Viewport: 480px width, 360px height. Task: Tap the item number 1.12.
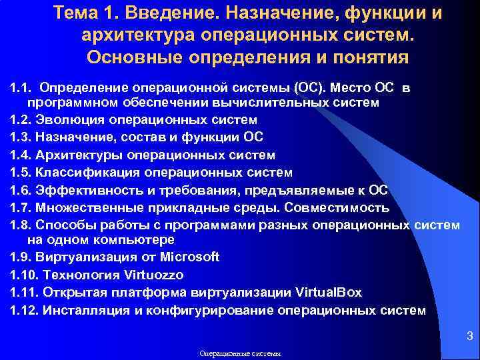coord(24,310)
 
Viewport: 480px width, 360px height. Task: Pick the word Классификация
coord(89,173)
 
